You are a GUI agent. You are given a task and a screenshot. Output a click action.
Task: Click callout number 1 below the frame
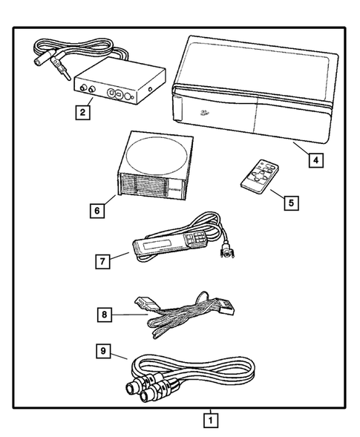click(211, 421)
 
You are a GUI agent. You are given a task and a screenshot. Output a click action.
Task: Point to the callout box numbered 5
click(291, 200)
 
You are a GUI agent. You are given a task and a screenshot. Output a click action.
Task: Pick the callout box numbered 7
click(104, 261)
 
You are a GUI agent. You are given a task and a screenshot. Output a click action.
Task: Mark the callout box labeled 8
click(105, 314)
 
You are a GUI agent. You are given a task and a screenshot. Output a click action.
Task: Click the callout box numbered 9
click(105, 349)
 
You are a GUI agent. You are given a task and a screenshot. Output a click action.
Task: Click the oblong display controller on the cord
click(163, 244)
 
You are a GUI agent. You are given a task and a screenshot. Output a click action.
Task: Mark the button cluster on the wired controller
click(197, 237)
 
